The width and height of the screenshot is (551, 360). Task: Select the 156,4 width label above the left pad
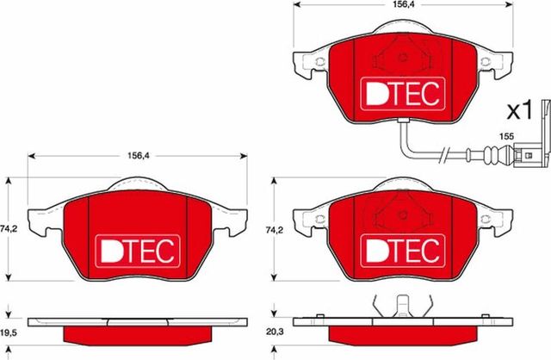point(134,158)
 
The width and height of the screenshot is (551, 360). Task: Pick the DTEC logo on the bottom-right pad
point(398,250)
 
